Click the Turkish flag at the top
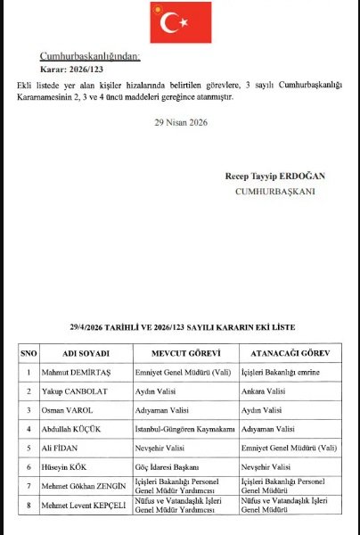pyautogui.click(x=180, y=24)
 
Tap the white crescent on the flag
pyautogui.click(x=172, y=24)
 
